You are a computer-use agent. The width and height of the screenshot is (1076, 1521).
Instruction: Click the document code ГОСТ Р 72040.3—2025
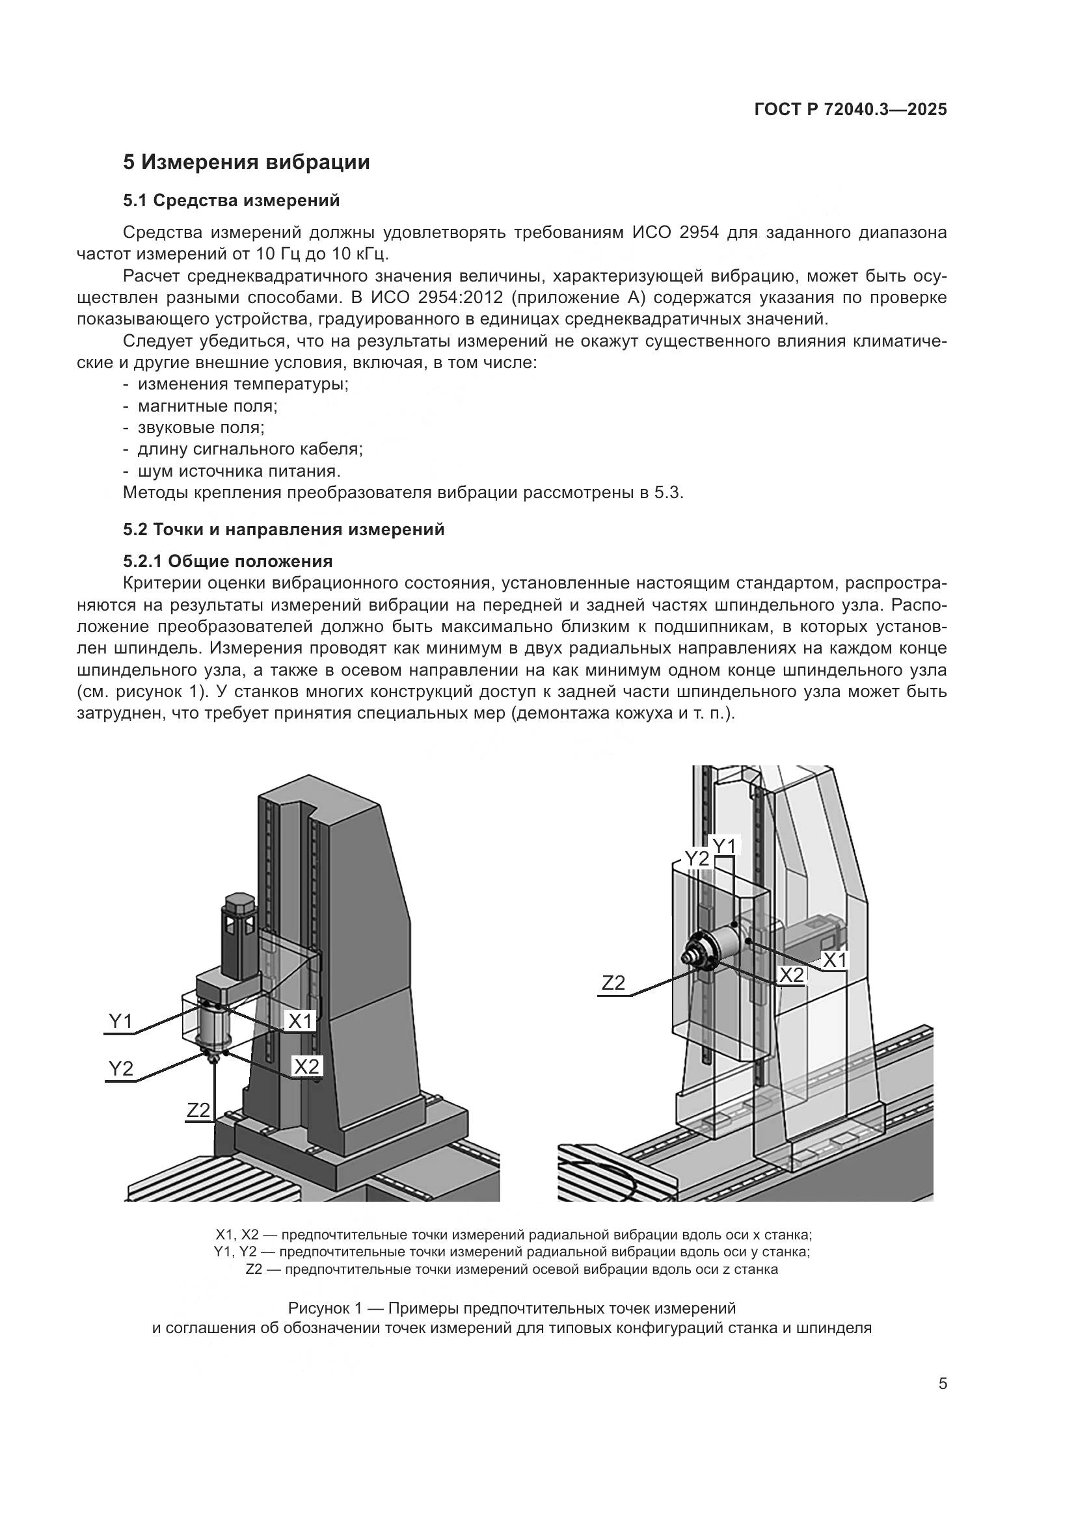click(851, 110)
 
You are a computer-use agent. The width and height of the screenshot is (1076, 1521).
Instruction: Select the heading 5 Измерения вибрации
click(246, 162)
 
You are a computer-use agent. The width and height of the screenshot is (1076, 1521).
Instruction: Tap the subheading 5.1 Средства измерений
click(231, 200)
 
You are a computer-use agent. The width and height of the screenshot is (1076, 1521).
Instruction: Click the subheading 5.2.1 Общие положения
click(227, 562)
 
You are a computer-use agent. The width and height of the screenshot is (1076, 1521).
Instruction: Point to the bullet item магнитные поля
click(208, 406)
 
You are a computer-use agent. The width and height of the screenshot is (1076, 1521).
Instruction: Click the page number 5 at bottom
click(943, 1383)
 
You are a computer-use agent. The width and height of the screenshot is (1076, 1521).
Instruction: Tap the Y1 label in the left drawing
click(120, 1022)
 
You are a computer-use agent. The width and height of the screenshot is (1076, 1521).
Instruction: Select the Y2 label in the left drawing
click(120, 1068)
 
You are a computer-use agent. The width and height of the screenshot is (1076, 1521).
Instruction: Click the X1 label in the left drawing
click(300, 1022)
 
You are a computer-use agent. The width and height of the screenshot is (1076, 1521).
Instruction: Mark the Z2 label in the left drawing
click(198, 1110)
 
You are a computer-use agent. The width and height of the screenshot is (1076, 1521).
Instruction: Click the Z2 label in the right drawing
click(613, 983)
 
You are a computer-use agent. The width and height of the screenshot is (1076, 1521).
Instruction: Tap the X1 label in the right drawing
click(834, 960)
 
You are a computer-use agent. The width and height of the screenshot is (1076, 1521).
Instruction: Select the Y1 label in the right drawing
click(723, 845)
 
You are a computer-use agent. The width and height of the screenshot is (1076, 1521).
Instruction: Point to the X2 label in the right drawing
click(791, 975)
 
